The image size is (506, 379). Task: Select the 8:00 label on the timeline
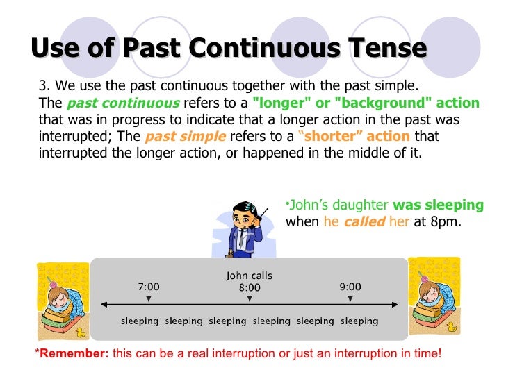tap(250, 287)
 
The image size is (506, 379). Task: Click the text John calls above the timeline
tap(250, 276)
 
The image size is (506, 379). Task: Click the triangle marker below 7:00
tap(149, 298)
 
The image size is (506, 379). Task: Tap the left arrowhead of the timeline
tap(104, 303)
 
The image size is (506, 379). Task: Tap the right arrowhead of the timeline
tap(395, 303)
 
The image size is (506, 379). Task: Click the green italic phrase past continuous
tap(123, 103)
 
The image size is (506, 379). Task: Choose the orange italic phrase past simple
tap(185, 136)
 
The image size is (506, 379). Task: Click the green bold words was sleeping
tap(438, 205)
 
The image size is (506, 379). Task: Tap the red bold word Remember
tap(72, 353)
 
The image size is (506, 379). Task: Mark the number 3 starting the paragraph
tap(42, 86)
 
